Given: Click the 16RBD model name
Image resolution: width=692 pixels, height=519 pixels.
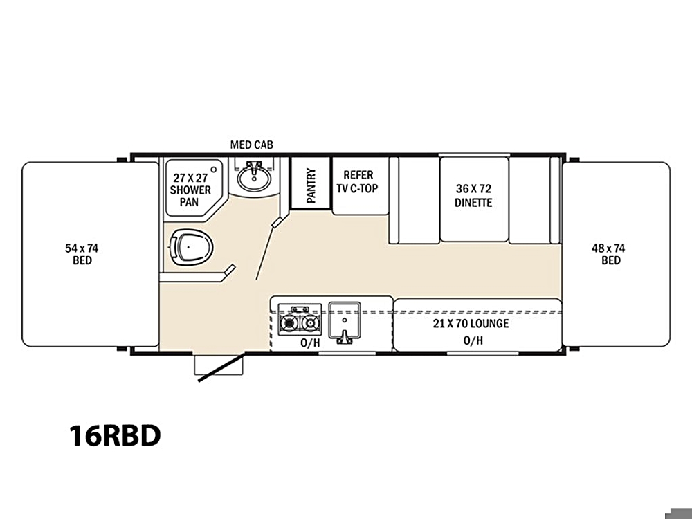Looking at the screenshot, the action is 115,435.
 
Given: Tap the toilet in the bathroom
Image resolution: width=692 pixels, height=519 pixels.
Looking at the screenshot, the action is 191,247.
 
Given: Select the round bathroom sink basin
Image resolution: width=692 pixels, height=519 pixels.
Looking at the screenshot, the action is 254,179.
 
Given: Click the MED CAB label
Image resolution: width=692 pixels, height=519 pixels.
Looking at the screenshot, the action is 252,145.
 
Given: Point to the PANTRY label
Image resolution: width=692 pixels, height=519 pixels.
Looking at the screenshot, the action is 311,185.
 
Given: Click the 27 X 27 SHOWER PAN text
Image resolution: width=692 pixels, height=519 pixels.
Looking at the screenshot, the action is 190,190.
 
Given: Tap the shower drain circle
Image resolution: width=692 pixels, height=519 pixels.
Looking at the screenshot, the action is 214,169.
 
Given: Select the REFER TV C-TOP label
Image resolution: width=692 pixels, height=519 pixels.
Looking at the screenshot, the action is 358,182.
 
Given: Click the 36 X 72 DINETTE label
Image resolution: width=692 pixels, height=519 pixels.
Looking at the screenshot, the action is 473,196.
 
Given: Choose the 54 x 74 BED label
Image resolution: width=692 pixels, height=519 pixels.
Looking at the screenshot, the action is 82,254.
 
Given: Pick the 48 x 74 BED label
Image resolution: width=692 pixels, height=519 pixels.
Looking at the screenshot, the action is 608,254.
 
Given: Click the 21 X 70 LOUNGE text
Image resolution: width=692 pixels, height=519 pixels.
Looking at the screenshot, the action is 471,323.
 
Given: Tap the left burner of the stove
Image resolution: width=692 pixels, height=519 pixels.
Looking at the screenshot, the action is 289,323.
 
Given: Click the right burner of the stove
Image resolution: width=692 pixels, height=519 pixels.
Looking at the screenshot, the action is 311,323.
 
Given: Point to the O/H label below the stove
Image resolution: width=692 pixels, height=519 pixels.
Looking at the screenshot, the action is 310,343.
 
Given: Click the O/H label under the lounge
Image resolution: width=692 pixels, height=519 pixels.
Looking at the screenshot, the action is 473,340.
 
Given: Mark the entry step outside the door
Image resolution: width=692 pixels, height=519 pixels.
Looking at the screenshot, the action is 219,365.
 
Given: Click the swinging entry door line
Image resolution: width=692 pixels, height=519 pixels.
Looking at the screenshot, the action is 221,367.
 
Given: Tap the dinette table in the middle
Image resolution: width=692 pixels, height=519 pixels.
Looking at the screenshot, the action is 475,199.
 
